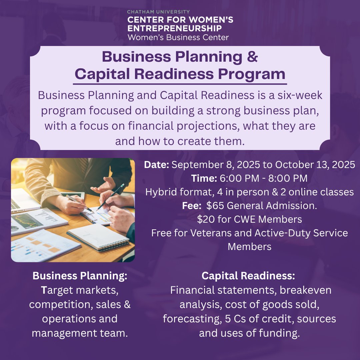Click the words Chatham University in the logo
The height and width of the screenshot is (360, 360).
pos(158,12)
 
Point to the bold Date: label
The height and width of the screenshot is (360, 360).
pos(157,165)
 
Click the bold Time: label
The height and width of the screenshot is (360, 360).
pos(204,178)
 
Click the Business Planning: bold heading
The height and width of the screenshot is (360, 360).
pos(80,276)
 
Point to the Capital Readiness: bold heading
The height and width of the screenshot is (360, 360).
pos(249,276)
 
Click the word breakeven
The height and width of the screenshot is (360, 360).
pos(305,290)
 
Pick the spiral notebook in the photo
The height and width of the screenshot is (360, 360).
pos(98,237)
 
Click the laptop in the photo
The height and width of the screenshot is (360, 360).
pos(23,200)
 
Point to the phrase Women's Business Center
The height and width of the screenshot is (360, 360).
pos(178,37)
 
